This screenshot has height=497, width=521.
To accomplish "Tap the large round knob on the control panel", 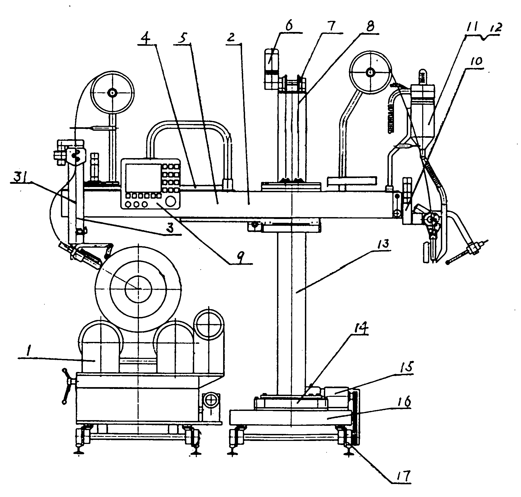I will pos(171,201).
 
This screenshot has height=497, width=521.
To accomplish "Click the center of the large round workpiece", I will pos(138,289).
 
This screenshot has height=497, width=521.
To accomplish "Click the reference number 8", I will pos(370,27).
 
